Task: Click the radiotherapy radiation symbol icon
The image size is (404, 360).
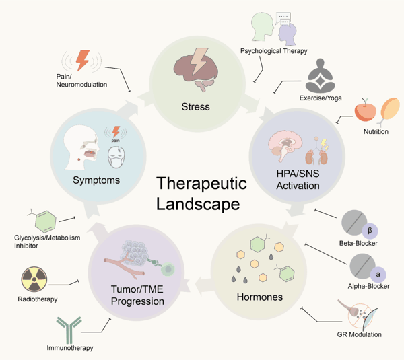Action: point(34,279)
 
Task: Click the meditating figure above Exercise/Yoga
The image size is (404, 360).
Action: point(327,77)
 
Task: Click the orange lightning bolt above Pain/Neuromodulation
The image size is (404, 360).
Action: point(82,59)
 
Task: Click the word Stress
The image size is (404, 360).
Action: point(196,106)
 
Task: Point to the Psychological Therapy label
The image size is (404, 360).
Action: point(274,51)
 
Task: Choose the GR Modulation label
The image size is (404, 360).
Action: point(360,334)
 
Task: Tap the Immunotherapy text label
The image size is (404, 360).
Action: point(70,348)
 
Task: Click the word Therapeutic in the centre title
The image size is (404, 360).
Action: point(202,184)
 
